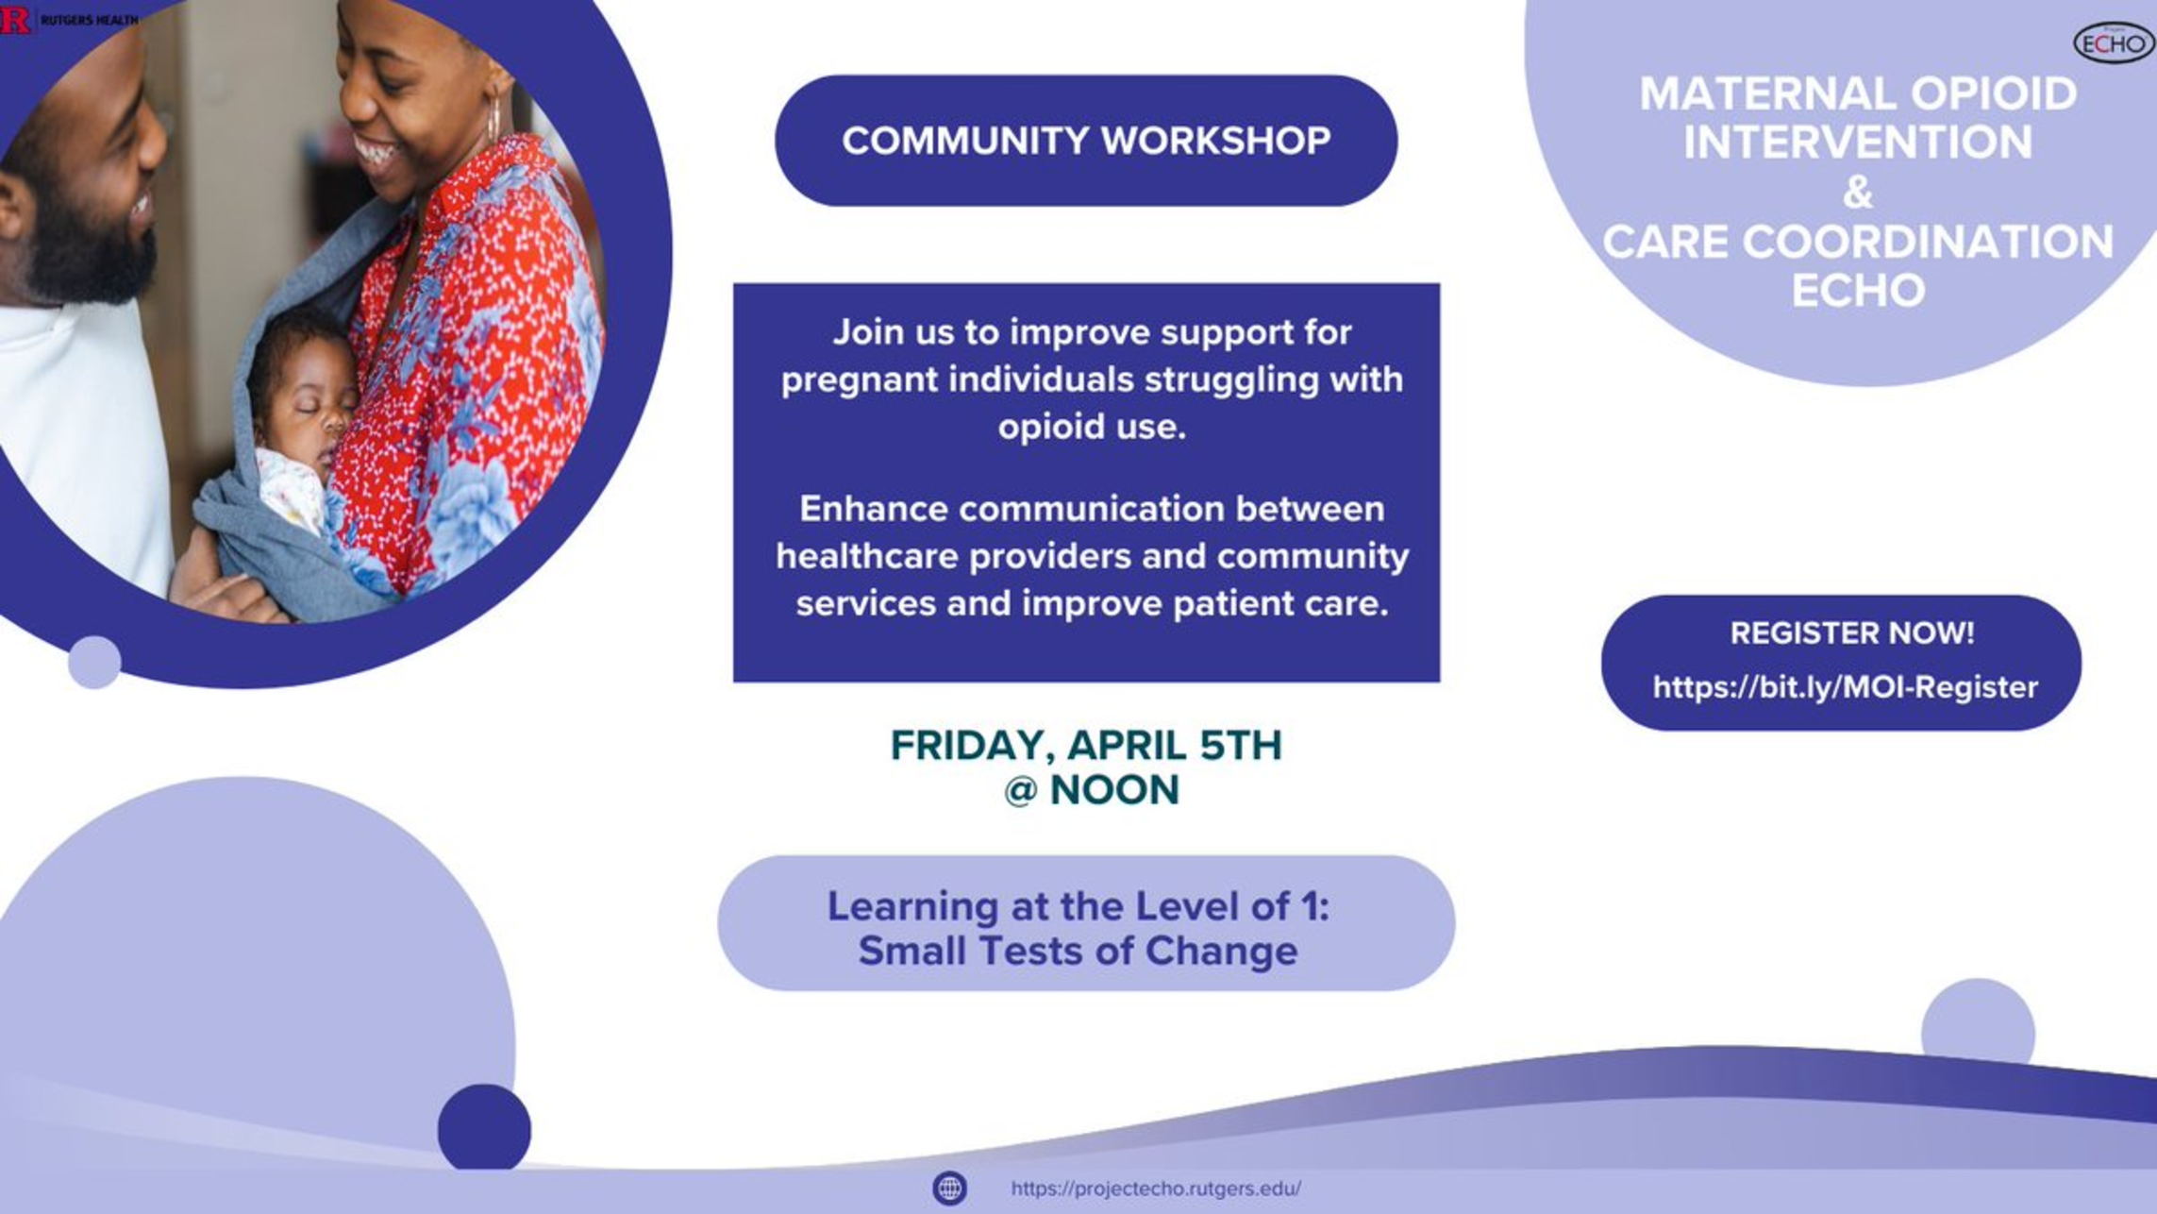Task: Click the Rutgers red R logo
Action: tap(15, 19)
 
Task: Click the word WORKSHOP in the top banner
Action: tap(1215, 141)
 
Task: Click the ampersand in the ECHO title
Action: tap(1857, 193)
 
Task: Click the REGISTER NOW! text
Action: tap(1851, 632)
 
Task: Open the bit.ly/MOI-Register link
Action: tap(1845, 687)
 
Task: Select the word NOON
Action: tap(1114, 790)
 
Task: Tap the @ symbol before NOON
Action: tap(1020, 791)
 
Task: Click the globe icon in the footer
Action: tap(949, 1188)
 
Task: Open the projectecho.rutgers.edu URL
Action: tap(1156, 1189)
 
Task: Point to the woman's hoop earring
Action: tap(493, 117)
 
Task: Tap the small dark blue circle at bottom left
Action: tap(484, 1128)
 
